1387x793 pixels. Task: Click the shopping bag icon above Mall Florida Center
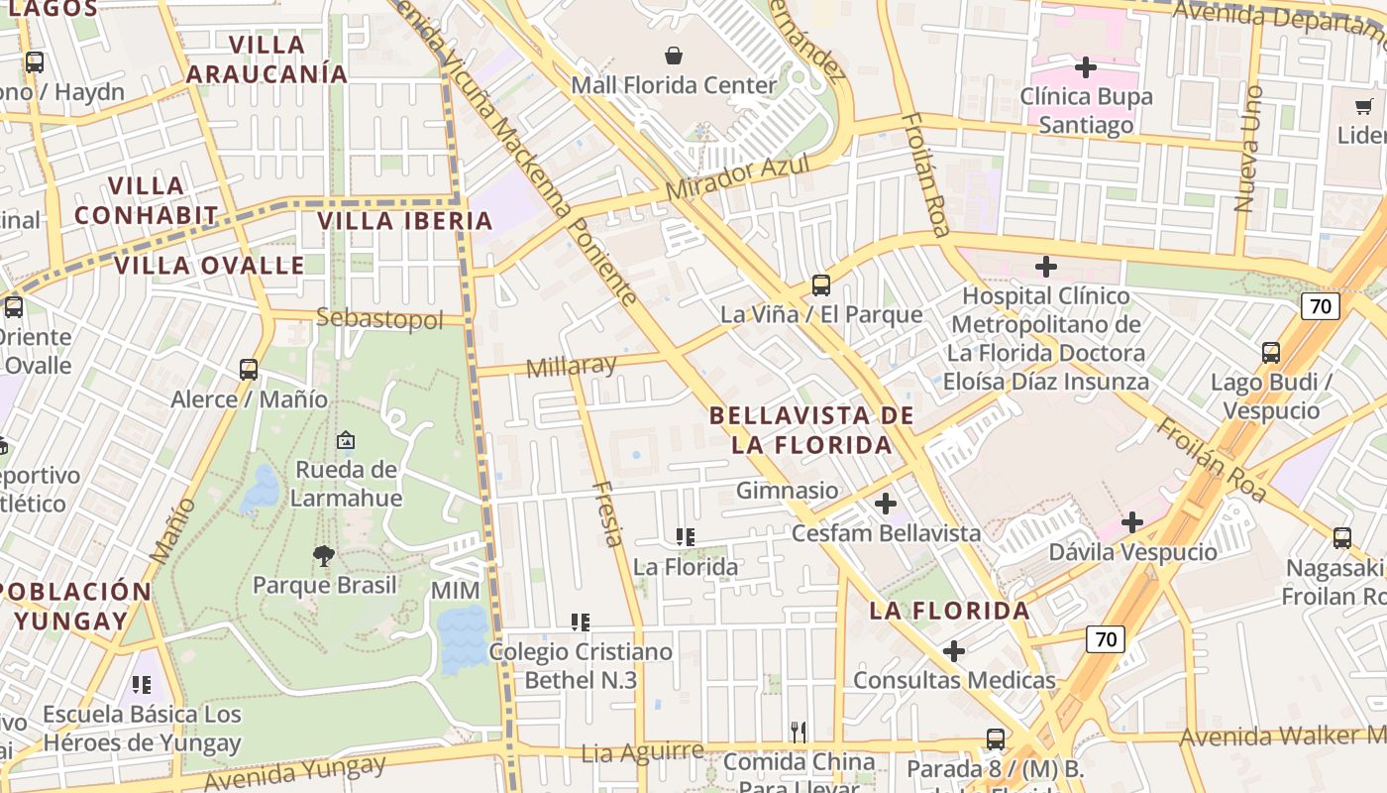point(674,56)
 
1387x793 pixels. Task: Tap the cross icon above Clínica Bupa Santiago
point(1086,67)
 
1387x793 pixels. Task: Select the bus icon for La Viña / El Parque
point(820,285)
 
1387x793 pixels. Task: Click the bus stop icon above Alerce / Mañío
point(249,370)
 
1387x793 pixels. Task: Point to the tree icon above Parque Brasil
point(323,556)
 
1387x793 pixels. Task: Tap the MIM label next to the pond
point(455,591)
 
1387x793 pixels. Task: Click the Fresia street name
point(608,513)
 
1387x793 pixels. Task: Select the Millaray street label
point(571,367)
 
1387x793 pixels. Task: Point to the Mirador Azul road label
point(737,177)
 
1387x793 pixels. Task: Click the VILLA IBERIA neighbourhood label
point(404,221)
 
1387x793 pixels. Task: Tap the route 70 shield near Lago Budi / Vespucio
point(1321,305)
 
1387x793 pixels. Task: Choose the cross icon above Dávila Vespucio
point(1132,522)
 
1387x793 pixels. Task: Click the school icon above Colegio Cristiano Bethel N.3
point(581,623)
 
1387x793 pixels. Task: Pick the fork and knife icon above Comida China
point(799,732)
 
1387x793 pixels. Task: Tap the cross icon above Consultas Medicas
point(954,651)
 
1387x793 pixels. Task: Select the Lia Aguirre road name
point(642,751)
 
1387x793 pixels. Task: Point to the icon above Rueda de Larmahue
point(346,440)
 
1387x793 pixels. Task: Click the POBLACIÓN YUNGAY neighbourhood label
point(74,607)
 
